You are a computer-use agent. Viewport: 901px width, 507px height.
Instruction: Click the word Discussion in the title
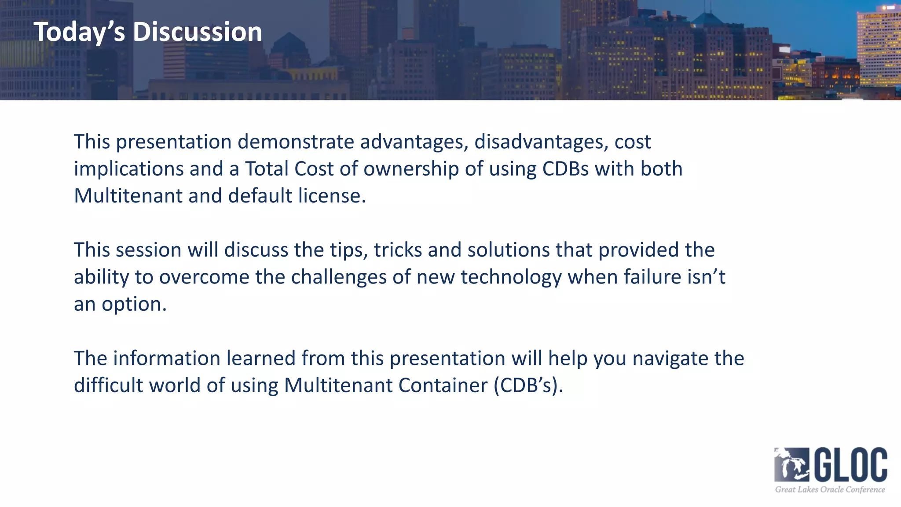(198, 32)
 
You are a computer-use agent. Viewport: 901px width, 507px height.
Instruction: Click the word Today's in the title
(79, 32)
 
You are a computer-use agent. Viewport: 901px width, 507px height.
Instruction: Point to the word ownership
(411, 169)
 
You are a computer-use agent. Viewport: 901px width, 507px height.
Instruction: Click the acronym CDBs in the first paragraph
(565, 169)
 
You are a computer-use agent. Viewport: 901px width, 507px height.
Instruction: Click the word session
(149, 250)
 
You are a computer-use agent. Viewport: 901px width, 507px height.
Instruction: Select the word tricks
(398, 250)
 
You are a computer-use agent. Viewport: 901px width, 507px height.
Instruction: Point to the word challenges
(339, 277)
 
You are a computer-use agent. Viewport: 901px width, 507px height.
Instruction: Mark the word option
(134, 305)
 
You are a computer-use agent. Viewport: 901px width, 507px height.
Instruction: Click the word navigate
(670, 359)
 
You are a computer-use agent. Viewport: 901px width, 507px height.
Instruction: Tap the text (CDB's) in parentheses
(528, 386)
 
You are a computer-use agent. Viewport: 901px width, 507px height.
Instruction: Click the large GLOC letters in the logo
(851, 465)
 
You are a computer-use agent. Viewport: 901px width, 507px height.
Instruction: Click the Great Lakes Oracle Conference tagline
(830, 489)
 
